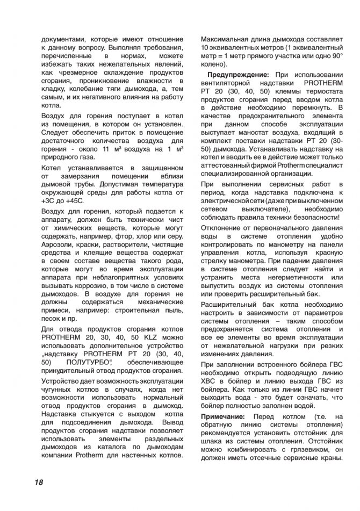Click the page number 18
37,482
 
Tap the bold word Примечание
226,416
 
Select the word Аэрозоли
59,244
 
